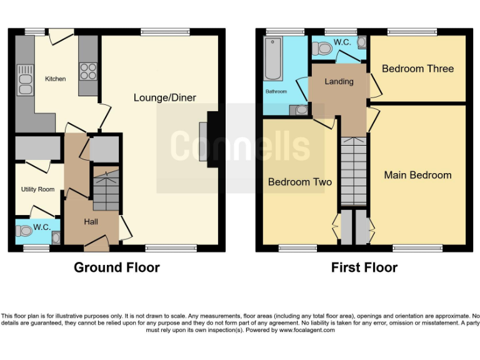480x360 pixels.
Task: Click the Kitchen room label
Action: (x=55, y=79)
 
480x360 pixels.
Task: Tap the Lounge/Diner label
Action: (x=164, y=97)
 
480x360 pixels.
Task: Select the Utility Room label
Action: (x=37, y=189)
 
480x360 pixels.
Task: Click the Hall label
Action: (x=91, y=221)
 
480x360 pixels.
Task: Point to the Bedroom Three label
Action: (x=417, y=69)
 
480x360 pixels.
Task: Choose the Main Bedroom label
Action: (x=417, y=175)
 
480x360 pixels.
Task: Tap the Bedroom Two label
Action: (x=300, y=182)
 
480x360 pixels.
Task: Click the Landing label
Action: (x=339, y=81)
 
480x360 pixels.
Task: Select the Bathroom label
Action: (x=276, y=92)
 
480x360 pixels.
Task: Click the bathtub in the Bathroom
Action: (x=274, y=59)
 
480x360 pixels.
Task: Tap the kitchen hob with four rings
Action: (x=88, y=71)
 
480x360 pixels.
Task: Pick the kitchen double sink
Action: (x=25, y=83)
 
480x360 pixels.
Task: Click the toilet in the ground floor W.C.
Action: (x=26, y=231)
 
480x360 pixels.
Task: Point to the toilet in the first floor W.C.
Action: (x=324, y=47)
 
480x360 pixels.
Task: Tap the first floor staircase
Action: (x=353, y=171)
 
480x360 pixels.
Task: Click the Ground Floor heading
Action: (x=117, y=267)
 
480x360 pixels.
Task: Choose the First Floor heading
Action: (x=364, y=267)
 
